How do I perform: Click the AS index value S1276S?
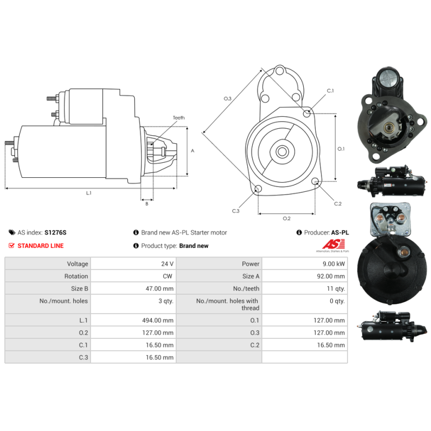click(55, 233)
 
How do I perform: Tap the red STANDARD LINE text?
click(40, 246)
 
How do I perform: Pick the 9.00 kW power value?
click(333, 264)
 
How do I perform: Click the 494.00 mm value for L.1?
click(158, 320)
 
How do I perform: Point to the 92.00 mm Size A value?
click(331, 276)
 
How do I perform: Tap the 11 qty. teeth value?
click(336, 289)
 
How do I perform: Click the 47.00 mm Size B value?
click(159, 289)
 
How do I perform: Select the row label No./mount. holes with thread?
click(227, 304)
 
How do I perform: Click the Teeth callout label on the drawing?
click(179, 117)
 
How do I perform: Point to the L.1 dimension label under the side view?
click(89, 193)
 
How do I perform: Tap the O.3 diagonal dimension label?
click(227, 99)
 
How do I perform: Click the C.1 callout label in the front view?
click(330, 91)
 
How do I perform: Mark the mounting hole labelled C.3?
click(258, 189)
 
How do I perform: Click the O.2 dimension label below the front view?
click(287, 219)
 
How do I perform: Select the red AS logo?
click(333, 244)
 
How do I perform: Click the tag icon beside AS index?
click(12, 233)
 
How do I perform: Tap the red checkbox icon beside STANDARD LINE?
click(11, 246)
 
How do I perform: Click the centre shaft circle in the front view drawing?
click(282, 151)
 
